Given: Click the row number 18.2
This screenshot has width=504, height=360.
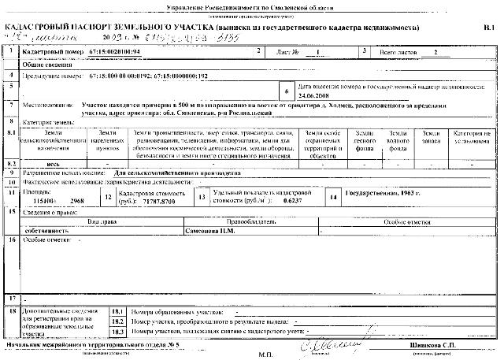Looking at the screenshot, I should [119, 321].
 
